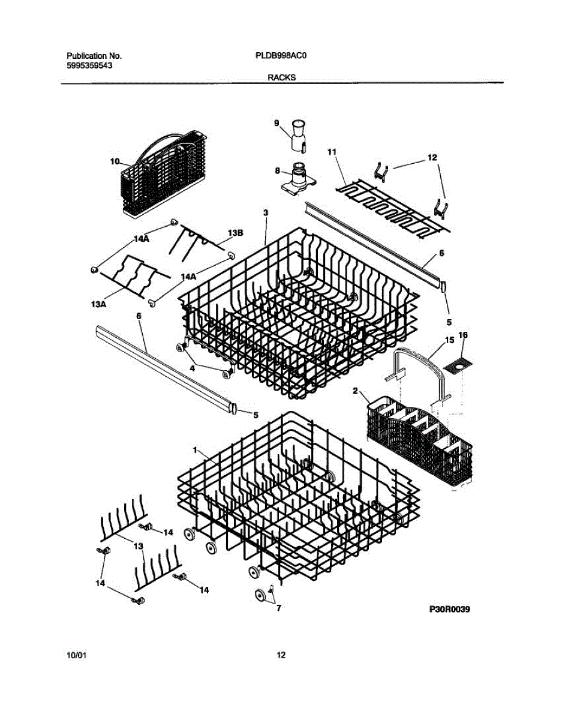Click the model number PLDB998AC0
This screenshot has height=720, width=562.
coord(281,55)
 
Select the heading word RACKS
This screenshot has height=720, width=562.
coord(281,77)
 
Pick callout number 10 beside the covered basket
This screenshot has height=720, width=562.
coord(115,161)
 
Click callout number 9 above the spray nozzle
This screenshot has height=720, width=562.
coord(277,123)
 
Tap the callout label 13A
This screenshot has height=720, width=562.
coord(99,305)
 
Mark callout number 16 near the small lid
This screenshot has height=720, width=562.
coord(462,335)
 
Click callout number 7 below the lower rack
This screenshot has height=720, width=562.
coord(278,608)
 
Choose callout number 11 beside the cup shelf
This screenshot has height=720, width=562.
coord(330,153)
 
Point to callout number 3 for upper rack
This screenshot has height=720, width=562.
coord(266,212)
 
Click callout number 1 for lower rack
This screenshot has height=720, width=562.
coord(195,450)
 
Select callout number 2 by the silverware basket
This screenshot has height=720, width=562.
coord(355,391)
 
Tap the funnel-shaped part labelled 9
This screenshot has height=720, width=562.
coord(298,136)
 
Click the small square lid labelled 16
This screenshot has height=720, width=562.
coord(457,363)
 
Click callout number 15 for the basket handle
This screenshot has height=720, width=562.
coord(449,341)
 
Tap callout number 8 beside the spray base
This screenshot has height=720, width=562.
coord(277,170)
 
